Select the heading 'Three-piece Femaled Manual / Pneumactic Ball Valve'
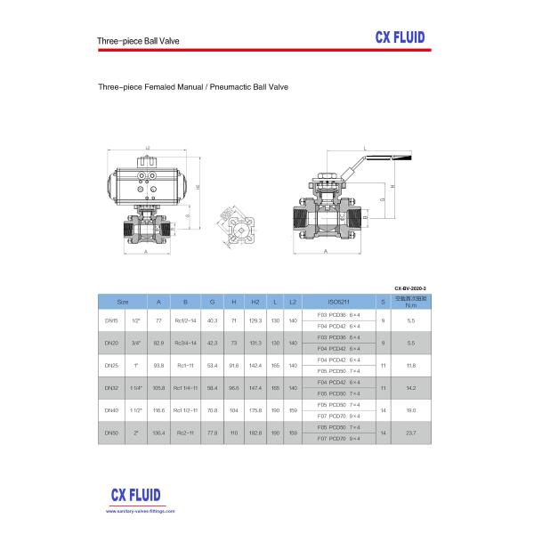click(193, 88)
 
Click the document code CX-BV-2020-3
click(410, 290)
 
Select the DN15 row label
click(112, 319)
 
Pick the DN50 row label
click(112, 433)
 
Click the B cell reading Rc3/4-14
click(185, 342)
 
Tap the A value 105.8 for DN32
click(159, 387)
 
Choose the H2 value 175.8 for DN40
click(255, 410)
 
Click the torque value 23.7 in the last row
click(410, 433)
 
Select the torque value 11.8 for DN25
click(410, 365)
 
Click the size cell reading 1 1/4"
click(136, 387)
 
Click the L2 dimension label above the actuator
click(146, 149)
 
